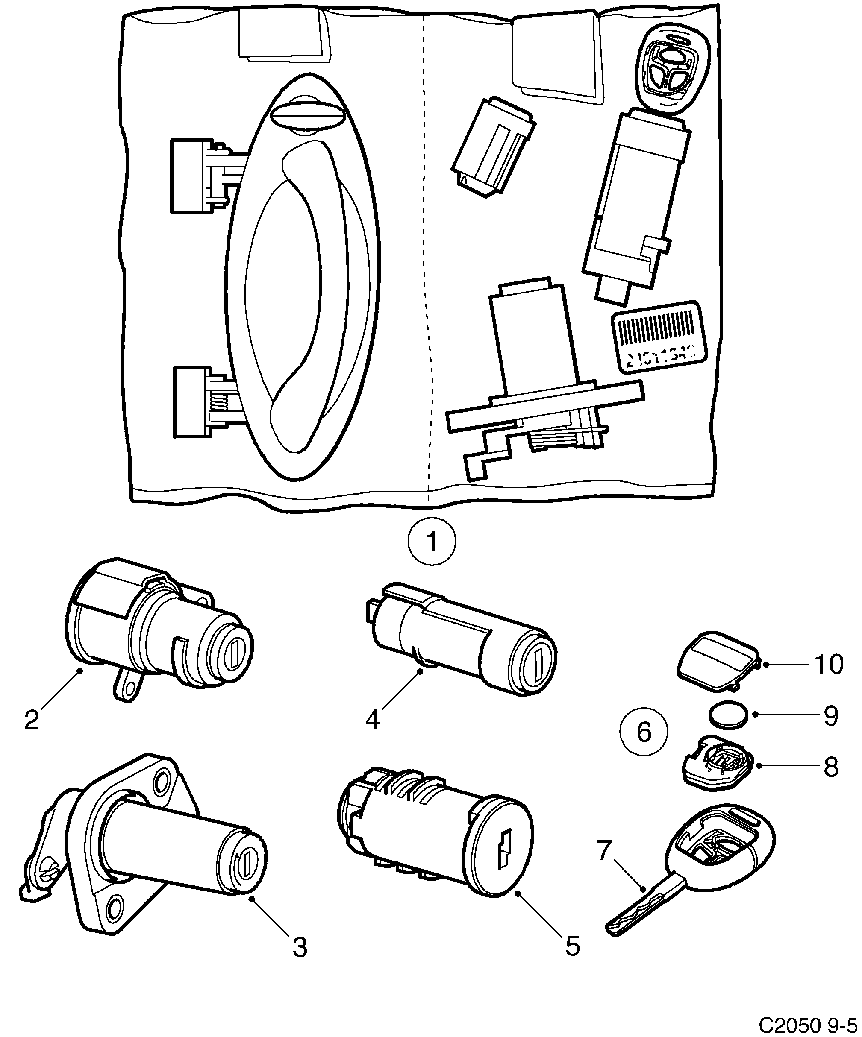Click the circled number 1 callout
click(x=432, y=542)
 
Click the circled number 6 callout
click(x=644, y=731)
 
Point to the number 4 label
click(x=373, y=720)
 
